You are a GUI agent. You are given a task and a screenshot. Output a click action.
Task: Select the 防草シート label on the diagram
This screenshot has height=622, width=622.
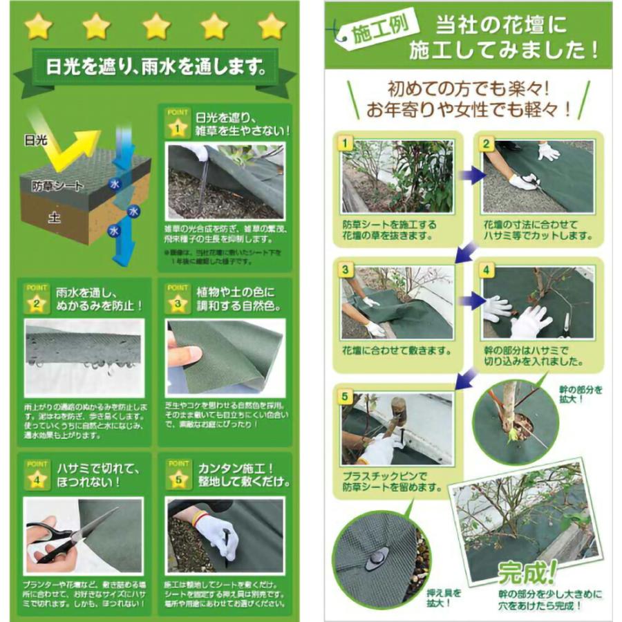(x=57, y=186)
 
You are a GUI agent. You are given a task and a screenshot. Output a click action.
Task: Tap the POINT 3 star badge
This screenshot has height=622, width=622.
(x=178, y=303)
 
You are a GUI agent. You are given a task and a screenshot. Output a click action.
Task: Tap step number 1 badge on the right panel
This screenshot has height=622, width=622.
(x=347, y=144)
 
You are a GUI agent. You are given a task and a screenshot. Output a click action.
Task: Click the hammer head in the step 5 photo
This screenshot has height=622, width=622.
(x=398, y=407)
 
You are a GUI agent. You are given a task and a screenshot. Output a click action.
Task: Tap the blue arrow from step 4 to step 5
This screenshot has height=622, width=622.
(x=467, y=377)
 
